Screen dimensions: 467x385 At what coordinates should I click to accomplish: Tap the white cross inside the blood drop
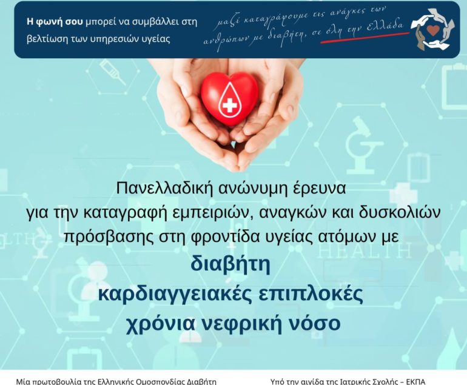pyautogui.click(x=230, y=105)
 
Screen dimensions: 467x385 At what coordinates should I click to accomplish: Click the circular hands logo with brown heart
pyautogui.click(x=433, y=29)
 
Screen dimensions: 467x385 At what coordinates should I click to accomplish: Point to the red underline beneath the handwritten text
pyautogui.click(x=365, y=37)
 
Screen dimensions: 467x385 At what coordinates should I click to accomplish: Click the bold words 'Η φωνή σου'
pyautogui.click(x=55, y=22)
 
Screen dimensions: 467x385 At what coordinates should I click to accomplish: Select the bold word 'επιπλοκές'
pyautogui.click(x=311, y=295)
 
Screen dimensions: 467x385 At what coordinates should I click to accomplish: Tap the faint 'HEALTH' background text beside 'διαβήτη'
pyautogui.click(x=365, y=251)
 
